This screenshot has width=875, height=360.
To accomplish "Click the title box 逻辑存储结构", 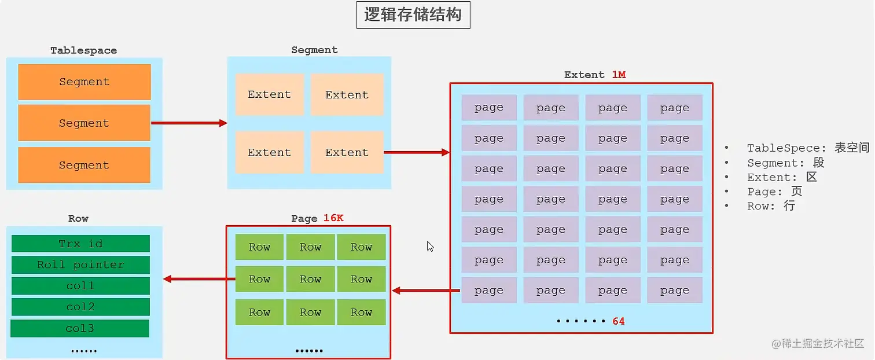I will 413,16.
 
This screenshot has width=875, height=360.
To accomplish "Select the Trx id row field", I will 80,244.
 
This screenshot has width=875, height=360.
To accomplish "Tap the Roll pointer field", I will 80,265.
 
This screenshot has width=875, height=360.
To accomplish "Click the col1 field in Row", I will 80,286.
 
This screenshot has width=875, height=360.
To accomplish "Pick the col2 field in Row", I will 80,307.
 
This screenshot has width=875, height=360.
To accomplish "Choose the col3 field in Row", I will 80,328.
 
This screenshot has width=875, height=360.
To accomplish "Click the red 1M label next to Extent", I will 619,75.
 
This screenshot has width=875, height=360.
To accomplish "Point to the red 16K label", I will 333,218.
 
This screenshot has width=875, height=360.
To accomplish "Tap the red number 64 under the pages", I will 619,321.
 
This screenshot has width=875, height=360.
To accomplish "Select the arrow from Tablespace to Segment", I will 189,123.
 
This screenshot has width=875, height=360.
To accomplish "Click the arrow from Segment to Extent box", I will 417,152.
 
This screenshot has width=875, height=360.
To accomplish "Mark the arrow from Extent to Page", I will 426,290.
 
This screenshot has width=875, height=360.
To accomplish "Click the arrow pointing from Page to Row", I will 199,279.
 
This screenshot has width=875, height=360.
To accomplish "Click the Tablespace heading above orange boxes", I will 83,50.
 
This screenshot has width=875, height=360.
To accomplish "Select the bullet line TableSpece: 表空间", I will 807,148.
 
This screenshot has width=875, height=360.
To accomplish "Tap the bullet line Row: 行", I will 771,206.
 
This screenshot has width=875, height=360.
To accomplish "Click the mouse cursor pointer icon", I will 430,247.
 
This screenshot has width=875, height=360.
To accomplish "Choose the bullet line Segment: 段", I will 785,163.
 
